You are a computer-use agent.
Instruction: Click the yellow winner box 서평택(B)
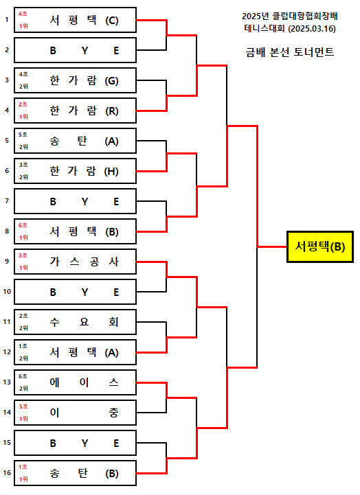pos(320,246)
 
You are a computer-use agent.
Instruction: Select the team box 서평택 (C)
pos(75,20)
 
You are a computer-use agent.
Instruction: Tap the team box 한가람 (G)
pos(75,80)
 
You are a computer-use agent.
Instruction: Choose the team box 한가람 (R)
pos(75,111)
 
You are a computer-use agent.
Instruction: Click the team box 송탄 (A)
pos(75,141)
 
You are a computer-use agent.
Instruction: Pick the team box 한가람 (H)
pos(75,171)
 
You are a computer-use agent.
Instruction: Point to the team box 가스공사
pos(75,262)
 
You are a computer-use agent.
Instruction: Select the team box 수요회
pos(75,322)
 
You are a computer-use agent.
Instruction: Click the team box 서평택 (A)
pos(75,352)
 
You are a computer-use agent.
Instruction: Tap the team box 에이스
pos(75,382)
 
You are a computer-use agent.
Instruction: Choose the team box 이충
pos(75,413)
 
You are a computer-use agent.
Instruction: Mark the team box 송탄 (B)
pos(75,473)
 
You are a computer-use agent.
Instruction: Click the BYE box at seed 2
pos(75,50)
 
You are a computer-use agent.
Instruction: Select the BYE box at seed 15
pos(75,443)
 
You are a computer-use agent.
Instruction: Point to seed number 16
pos(7,472)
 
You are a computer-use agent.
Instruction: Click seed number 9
pos(7,261)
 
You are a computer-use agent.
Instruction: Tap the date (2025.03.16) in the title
pos(312,29)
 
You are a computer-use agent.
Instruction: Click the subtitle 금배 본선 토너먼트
pos(289,52)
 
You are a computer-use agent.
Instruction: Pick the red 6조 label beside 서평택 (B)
pos(23,225)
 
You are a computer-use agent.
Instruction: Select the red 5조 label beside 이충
pos(23,406)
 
